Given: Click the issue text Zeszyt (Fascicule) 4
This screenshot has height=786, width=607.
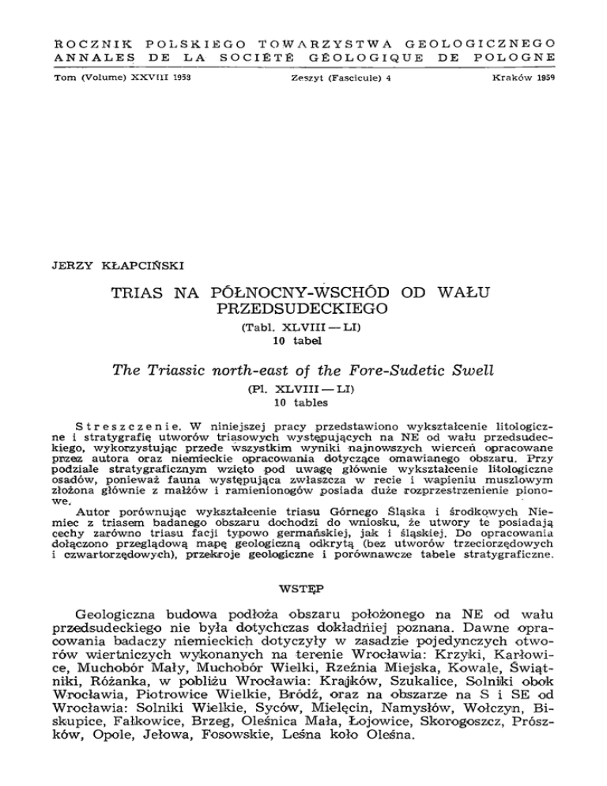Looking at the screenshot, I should tap(325, 80).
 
